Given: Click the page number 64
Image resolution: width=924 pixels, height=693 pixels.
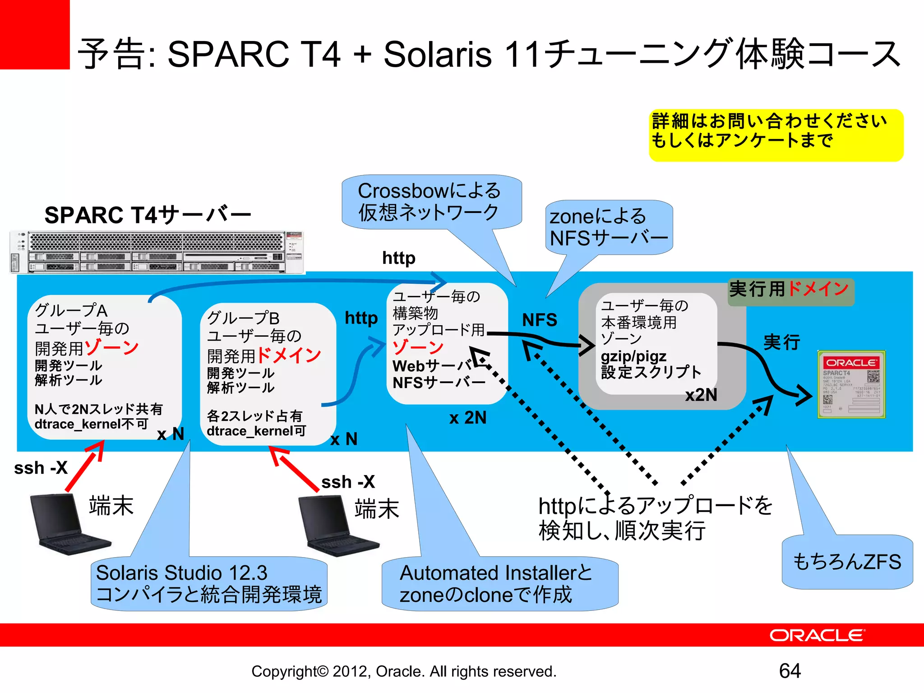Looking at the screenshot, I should point(790,671).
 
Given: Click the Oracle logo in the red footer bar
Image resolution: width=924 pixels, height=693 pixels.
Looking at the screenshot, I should point(817,635).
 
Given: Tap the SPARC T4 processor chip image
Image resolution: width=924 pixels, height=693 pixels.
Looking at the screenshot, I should point(851,384).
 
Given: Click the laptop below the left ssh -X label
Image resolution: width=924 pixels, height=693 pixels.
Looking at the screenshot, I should point(68,523).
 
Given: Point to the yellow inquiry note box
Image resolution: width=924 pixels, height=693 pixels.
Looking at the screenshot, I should point(776,135).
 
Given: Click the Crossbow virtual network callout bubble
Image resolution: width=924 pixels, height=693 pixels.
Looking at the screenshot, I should point(431,202).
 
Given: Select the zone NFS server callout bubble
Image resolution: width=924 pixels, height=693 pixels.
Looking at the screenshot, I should point(609,227).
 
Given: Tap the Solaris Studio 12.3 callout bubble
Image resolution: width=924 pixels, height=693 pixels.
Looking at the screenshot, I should point(208,583).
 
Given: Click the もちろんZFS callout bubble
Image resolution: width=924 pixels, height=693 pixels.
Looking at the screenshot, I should point(847,562).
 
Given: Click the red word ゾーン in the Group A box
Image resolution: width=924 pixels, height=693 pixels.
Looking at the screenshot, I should point(112,347).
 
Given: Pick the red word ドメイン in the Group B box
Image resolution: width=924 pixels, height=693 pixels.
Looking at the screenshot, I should point(289,355).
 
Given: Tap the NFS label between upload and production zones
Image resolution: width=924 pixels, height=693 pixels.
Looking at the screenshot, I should point(540,320).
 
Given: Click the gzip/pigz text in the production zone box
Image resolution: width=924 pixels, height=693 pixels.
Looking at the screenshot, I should point(633,356).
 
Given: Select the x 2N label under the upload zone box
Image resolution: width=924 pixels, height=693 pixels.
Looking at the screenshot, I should point(468,418).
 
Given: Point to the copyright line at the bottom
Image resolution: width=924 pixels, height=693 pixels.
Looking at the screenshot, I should point(404,671).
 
